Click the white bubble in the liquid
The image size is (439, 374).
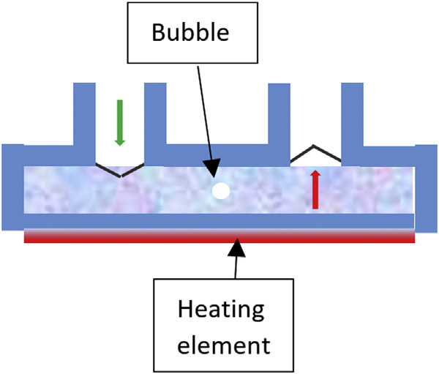220,192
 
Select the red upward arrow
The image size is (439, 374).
315,190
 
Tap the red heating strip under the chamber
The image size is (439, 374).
219,237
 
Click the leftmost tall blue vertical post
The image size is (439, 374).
84,117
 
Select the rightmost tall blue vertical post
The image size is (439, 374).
353,117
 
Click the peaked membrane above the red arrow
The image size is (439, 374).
315,152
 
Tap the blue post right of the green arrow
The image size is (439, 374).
155,117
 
